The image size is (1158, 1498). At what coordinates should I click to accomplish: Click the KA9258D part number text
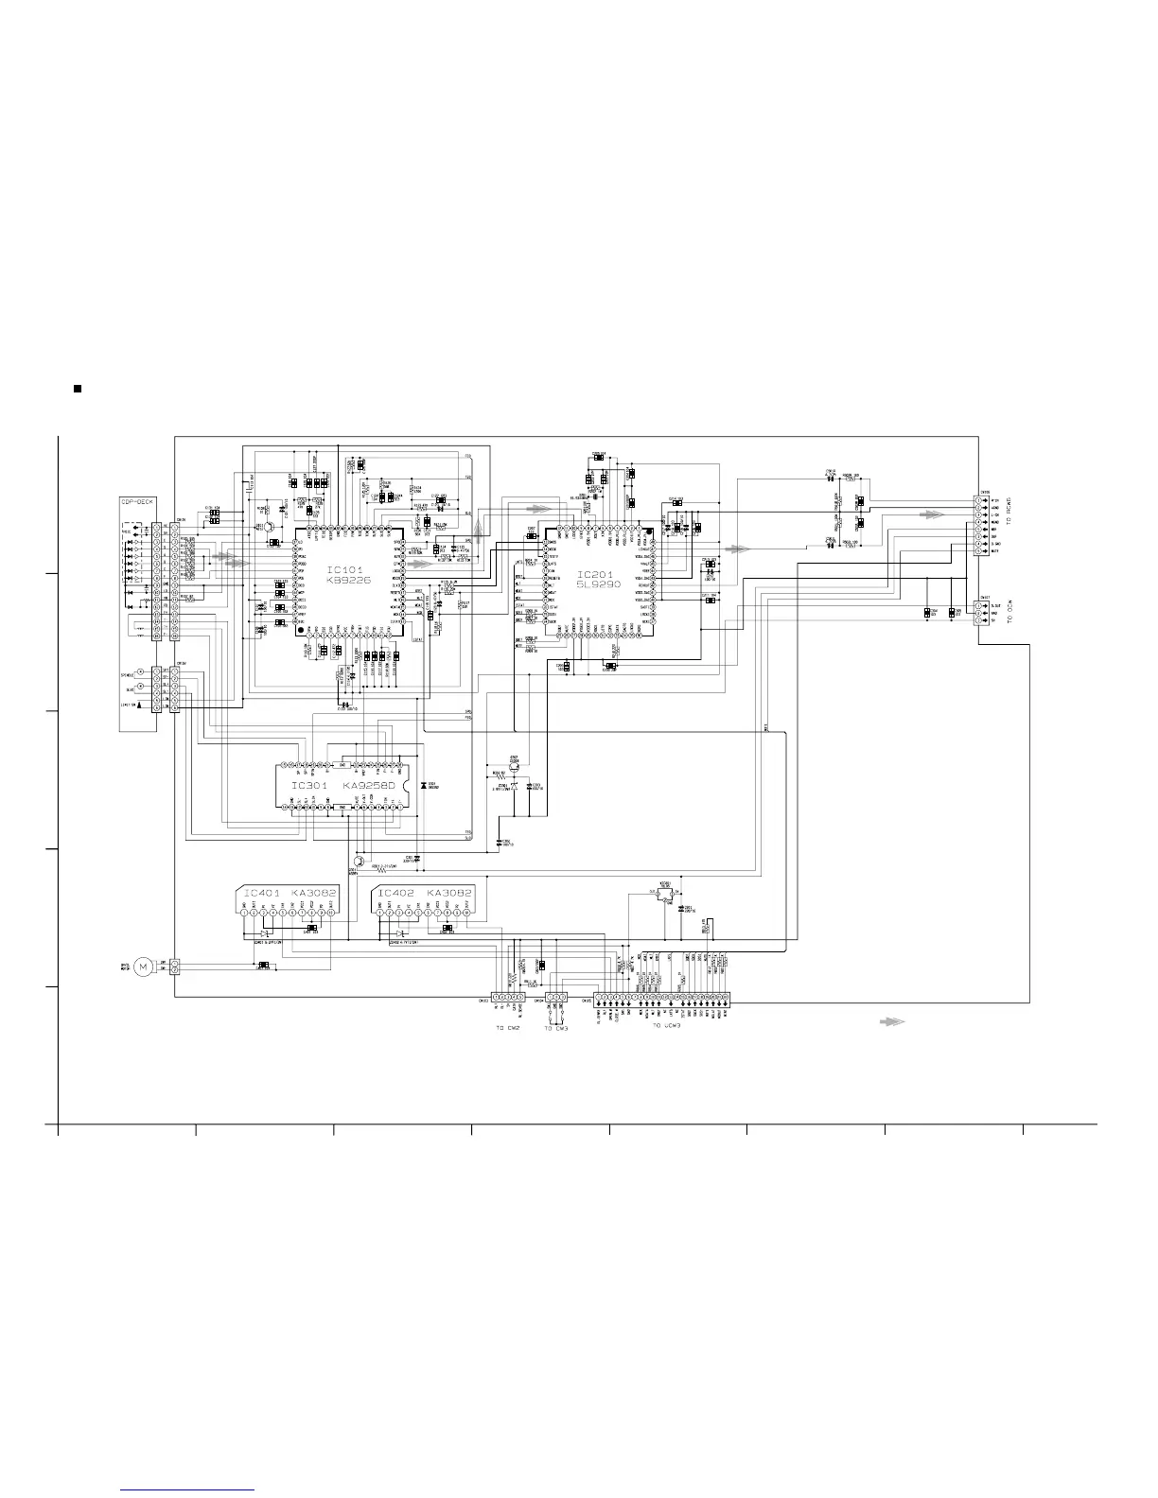coord(371,786)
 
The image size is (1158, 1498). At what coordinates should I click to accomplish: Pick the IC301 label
coord(309,786)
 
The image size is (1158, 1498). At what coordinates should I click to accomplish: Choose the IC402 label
coord(396,893)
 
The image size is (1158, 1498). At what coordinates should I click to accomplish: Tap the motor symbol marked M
coord(143,966)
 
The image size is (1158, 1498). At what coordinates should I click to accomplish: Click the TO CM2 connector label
coord(509,1028)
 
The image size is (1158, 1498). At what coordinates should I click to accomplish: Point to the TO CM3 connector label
coord(556,1028)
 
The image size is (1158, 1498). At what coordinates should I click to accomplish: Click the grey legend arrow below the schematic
coord(892,1021)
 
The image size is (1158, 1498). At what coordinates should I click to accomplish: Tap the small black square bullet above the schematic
coord(79,389)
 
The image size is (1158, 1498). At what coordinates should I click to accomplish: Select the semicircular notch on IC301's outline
coord(406,786)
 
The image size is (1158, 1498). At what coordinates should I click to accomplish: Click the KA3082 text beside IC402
coord(448,893)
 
